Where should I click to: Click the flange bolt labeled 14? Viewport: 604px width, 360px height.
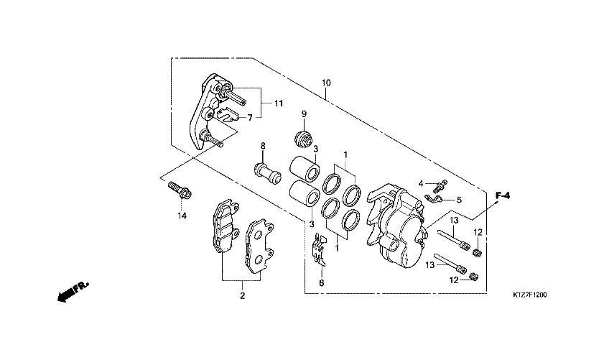click(x=180, y=190)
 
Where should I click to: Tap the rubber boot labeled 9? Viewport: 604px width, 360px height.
click(x=303, y=139)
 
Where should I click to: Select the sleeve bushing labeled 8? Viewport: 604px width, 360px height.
click(x=267, y=173)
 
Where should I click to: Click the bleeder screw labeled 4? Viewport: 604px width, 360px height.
click(x=439, y=185)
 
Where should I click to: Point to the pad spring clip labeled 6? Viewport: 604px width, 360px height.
click(x=434, y=198)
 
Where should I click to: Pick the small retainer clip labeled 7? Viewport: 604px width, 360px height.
click(x=320, y=250)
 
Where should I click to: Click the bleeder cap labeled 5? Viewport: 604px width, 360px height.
click(x=228, y=114)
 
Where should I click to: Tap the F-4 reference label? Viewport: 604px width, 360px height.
click(x=502, y=195)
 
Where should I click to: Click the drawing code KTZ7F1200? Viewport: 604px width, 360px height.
click(x=529, y=295)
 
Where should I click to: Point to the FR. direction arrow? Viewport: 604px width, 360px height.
click(x=73, y=292)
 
